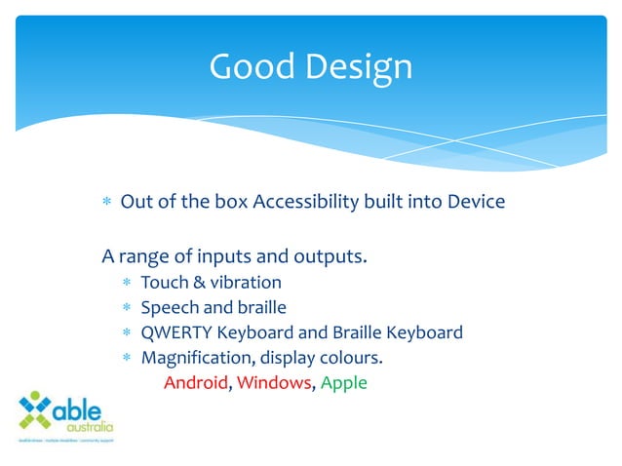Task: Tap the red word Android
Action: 195,382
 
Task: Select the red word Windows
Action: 273,382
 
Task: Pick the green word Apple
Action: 343,382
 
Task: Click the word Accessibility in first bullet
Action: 304,202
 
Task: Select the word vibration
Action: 245,282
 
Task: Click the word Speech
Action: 169,307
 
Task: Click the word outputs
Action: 332,257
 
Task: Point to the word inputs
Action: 226,257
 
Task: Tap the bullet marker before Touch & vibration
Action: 128,283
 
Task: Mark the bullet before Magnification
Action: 128,358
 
